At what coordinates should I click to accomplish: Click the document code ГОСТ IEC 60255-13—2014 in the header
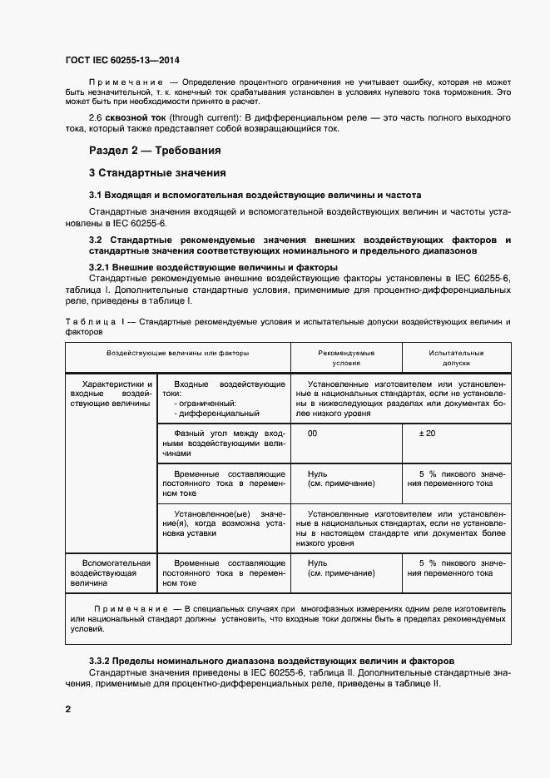121,62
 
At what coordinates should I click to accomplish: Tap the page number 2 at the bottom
68,709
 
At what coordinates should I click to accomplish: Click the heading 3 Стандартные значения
157,173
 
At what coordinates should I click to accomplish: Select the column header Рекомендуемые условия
346,358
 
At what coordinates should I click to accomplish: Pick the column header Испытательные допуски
456,358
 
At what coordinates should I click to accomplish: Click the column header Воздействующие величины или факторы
177,353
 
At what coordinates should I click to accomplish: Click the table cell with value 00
312,434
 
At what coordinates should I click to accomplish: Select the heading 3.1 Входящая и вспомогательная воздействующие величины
244,195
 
